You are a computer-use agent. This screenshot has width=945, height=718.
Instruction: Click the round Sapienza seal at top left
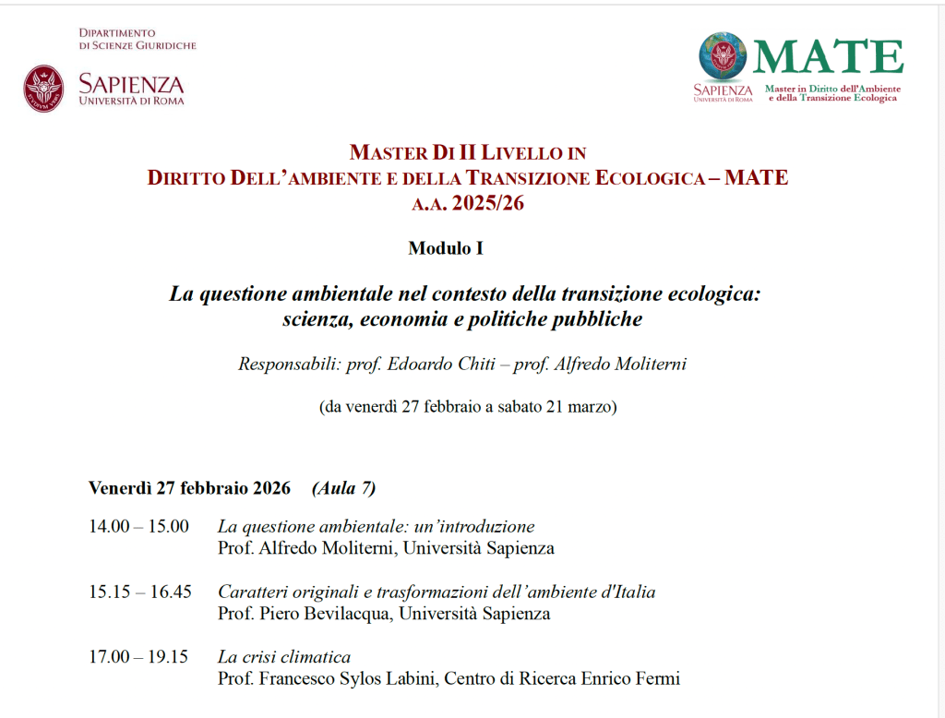[43, 88]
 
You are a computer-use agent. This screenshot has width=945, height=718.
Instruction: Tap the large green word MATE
[828, 57]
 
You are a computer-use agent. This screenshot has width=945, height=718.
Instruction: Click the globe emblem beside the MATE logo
[723, 56]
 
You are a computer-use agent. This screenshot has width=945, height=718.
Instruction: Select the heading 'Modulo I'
[446, 248]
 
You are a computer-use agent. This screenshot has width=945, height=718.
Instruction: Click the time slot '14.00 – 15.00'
[138, 527]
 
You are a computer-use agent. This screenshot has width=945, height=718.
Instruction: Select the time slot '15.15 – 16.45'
[140, 592]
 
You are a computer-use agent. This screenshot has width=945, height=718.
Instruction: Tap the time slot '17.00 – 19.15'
[138, 657]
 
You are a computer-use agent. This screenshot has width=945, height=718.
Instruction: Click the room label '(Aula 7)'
[343, 488]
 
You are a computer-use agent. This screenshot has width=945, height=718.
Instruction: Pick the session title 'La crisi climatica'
[284, 657]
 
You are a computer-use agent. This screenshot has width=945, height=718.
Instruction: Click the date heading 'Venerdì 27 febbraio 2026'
[189, 488]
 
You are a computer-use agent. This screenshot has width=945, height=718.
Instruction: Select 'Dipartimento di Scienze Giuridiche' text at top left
[138, 39]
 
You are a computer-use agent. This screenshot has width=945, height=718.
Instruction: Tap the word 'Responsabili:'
[289, 365]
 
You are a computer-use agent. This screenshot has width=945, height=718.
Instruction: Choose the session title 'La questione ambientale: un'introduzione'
[376, 527]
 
